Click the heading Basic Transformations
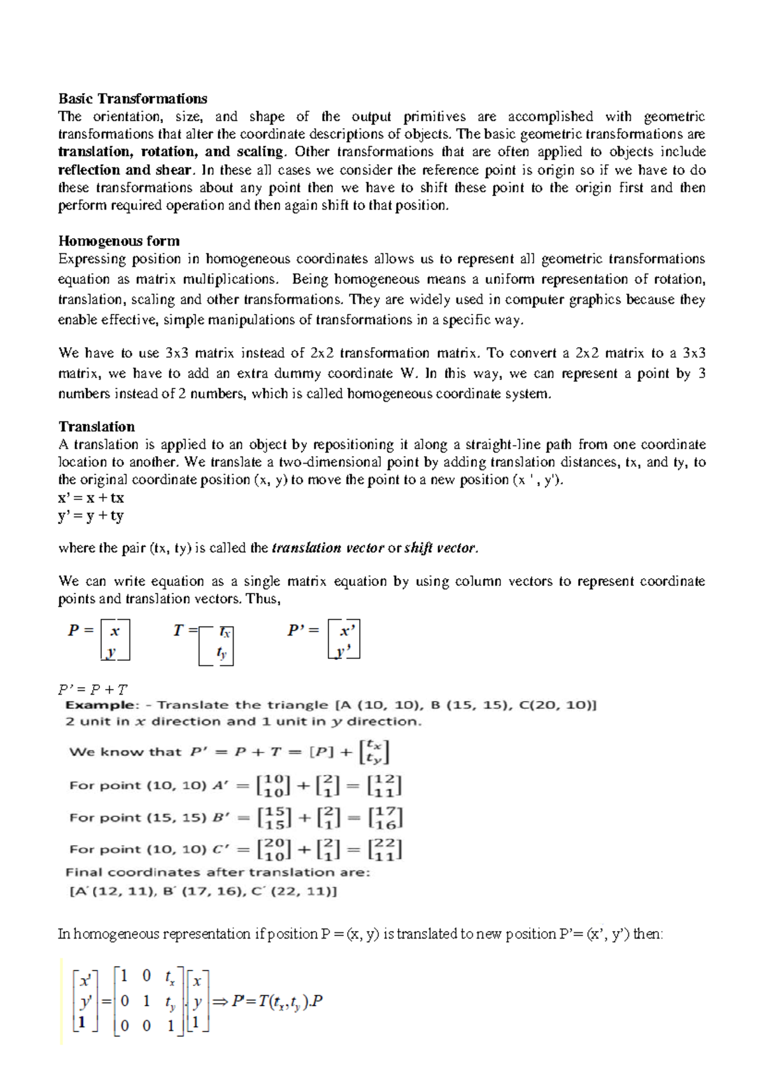[132, 99]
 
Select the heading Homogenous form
[118, 241]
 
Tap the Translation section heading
[96, 427]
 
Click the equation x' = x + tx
[90, 498]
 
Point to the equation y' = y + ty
[90, 516]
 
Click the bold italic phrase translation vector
[327, 548]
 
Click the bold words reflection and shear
[125, 170]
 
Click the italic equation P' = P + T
[93, 690]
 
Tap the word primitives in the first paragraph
[434, 117]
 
